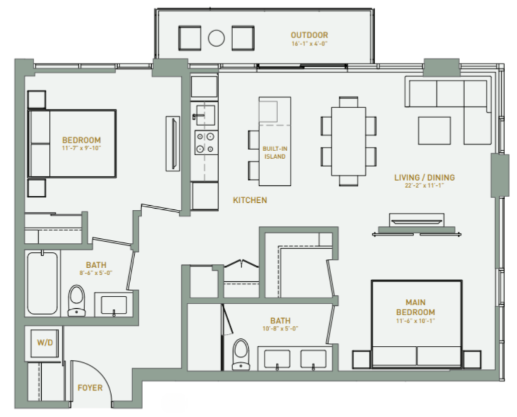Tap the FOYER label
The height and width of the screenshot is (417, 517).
point(90,388)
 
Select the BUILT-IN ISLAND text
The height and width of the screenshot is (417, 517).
point(274,153)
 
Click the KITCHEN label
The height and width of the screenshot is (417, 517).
point(250,201)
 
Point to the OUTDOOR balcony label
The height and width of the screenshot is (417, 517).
point(309,35)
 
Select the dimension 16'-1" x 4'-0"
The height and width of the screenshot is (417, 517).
point(309,44)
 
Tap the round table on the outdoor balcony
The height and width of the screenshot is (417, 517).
point(216,39)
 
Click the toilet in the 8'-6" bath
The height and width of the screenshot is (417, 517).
point(76,300)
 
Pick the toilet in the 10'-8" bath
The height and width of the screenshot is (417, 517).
point(241,354)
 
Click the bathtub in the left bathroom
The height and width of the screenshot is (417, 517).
point(42,283)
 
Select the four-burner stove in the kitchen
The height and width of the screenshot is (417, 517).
point(205,142)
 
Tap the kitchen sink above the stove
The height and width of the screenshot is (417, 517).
point(205,112)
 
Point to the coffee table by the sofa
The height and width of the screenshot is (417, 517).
point(435,129)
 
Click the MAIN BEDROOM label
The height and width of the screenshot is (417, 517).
point(415,308)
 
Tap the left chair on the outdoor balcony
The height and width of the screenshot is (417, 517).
point(190,39)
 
